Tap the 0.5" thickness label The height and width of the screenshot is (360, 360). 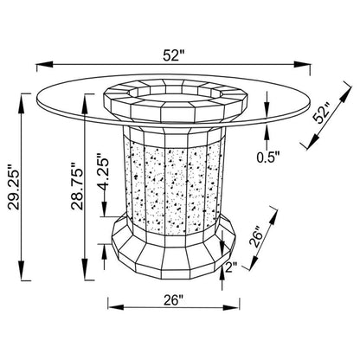(x=268, y=157)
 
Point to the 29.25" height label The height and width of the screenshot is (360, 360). (x=14, y=187)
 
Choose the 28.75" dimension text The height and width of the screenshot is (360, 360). (x=78, y=186)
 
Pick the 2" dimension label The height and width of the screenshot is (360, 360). (x=231, y=267)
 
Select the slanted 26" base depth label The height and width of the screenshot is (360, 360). (x=256, y=238)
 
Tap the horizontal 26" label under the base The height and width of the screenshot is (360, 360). (x=174, y=300)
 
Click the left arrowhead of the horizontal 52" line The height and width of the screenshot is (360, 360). (x=44, y=64)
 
